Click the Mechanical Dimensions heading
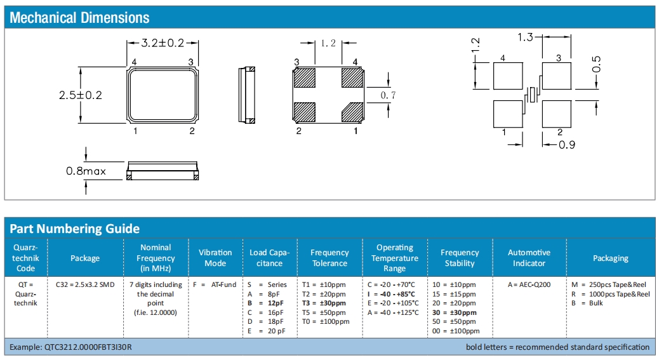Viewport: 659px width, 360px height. pos(79,18)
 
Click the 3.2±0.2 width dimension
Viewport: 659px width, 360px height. pos(163,43)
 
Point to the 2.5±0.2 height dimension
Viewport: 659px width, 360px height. pos(81,95)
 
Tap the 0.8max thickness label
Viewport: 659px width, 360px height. pos(86,171)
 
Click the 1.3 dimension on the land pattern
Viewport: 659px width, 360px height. pos(525,37)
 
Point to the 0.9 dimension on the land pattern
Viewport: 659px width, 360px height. pos(566,145)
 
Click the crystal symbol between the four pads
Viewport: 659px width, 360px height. pos(533,95)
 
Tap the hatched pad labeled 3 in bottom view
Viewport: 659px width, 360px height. pos(305,77)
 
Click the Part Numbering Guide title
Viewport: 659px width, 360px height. pos(75,229)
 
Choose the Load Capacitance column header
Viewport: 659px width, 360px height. pos(269,258)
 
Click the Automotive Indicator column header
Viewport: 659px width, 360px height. pos(529,258)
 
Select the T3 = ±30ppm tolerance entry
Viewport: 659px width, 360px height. pos(324,303)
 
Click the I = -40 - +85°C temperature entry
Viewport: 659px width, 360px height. pos(391,294)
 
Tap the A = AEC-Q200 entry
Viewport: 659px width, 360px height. pos(529,284)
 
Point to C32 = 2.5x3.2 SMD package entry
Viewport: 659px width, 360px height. pos(84,284)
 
